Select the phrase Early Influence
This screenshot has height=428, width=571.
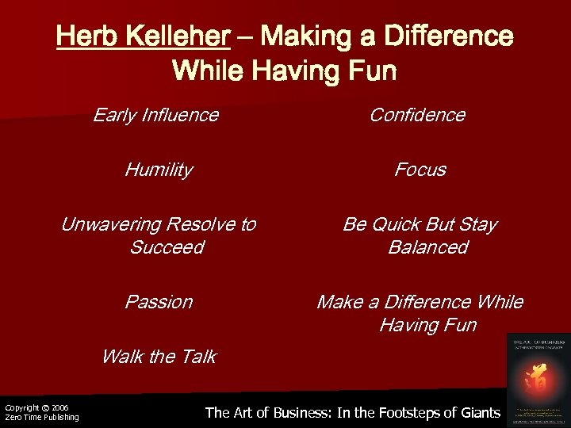tap(155, 116)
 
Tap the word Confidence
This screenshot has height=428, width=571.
tap(417, 116)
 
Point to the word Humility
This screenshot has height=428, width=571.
tap(159, 170)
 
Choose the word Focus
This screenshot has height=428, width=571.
tap(420, 170)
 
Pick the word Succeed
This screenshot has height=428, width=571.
tap(167, 247)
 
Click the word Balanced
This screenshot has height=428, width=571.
tap(427, 247)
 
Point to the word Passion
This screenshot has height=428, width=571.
tap(159, 302)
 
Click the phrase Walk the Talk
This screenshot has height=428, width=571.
tap(159, 357)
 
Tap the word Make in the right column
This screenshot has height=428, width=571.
tap(339, 302)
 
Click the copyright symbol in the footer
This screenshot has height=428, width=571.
tap(46, 407)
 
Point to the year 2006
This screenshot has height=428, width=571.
tap(61, 407)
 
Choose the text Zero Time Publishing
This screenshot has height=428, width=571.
tap(42, 418)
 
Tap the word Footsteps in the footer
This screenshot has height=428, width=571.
tap(398, 412)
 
